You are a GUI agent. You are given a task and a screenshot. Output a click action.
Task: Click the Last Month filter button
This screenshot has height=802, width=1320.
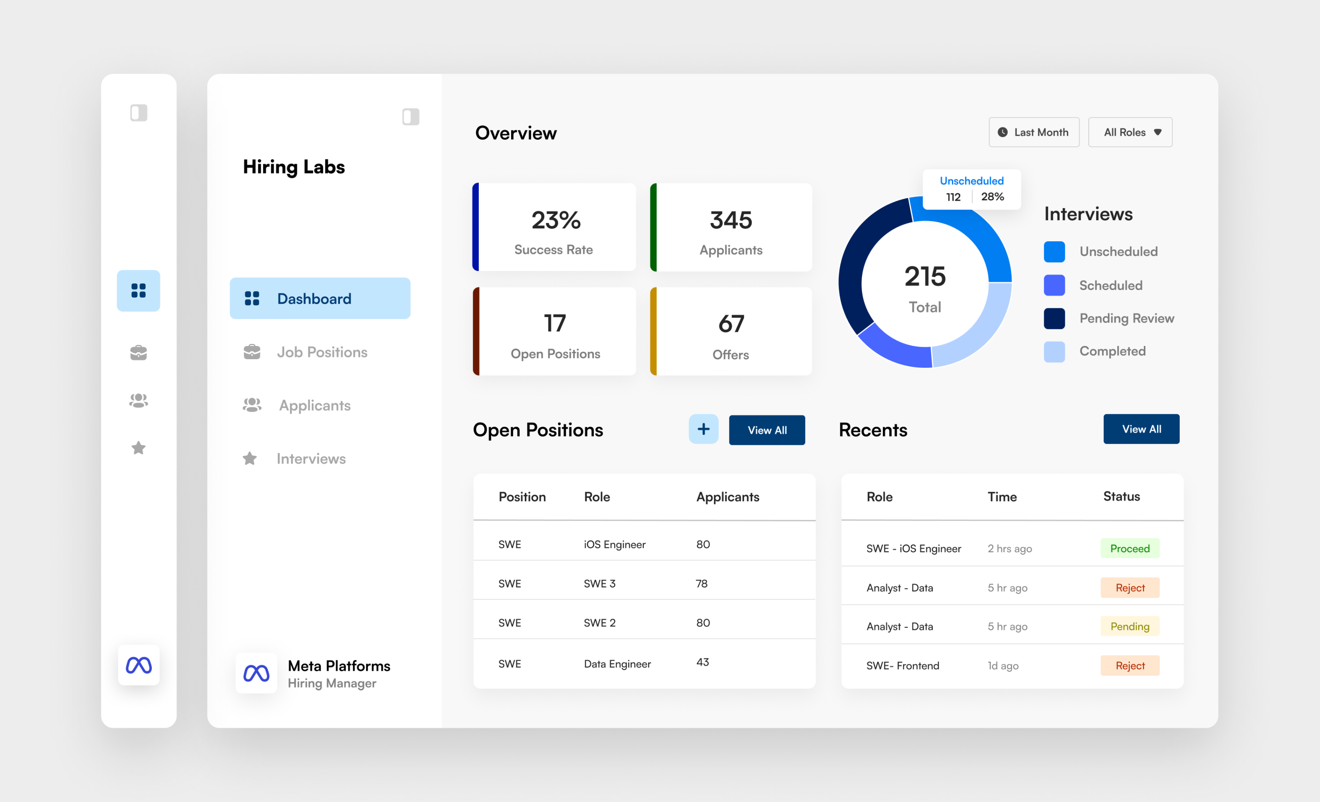(x=1033, y=132)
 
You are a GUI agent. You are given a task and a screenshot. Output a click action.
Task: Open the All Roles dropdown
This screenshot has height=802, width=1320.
(x=1130, y=132)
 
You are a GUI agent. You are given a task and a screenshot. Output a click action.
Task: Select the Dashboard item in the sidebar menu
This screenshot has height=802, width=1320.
(x=320, y=299)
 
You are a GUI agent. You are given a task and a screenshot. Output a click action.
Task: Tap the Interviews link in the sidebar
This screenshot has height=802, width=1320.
(x=311, y=459)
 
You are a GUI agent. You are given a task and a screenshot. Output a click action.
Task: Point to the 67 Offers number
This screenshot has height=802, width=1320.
(x=731, y=324)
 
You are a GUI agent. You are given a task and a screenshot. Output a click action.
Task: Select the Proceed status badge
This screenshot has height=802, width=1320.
(x=1129, y=548)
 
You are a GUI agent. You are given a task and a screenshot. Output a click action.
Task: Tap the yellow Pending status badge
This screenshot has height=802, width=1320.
(x=1129, y=626)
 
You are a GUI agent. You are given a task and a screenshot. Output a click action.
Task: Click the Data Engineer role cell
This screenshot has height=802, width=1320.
(x=617, y=664)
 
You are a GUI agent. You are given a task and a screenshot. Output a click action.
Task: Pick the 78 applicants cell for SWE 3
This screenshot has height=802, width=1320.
(x=701, y=583)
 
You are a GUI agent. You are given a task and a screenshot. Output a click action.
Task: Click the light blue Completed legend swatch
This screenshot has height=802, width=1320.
(x=1054, y=352)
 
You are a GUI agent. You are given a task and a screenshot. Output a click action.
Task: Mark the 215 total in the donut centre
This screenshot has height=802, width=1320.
(x=925, y=276)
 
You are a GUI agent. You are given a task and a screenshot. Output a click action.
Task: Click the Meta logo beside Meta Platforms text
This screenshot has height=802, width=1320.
(x=256, y=673)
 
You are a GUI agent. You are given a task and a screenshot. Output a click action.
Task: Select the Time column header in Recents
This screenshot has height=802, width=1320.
(x=1002, y=497)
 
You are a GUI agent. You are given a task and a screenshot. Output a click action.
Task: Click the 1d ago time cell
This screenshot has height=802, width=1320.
(x=1003, y=666)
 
